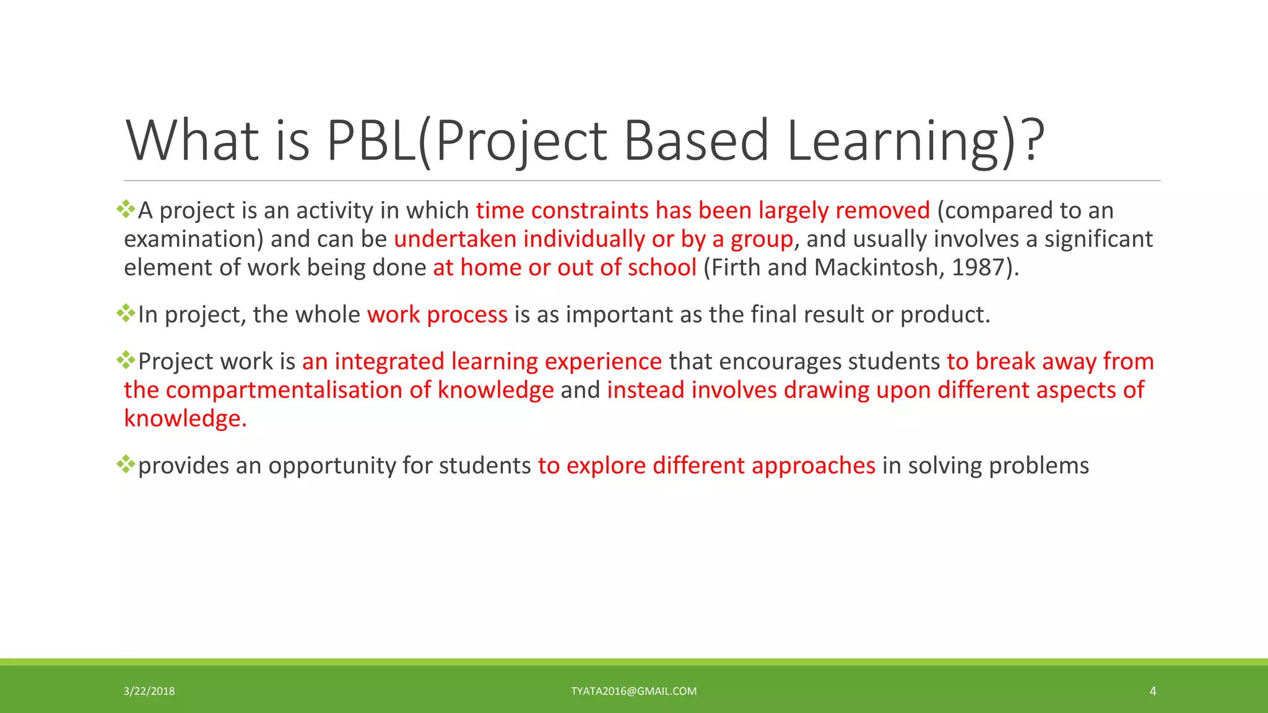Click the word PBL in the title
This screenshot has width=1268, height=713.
(x=370, y=140)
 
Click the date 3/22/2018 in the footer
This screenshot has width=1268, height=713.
(x=149, y=691)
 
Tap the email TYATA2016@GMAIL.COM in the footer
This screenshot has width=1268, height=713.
(x=633, y=691)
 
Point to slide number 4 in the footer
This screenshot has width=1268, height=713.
(x=1152, y=691)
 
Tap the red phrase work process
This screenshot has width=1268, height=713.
(x=437, y=314)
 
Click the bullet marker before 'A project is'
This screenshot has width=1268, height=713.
(x=126, y=209)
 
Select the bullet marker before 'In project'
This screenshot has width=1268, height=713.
(x=126, y=313)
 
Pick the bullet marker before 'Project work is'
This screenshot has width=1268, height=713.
(x=126, y=360)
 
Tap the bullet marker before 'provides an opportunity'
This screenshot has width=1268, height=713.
(x=126, y=464)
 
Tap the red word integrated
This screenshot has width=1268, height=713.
(x=389, y=362)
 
